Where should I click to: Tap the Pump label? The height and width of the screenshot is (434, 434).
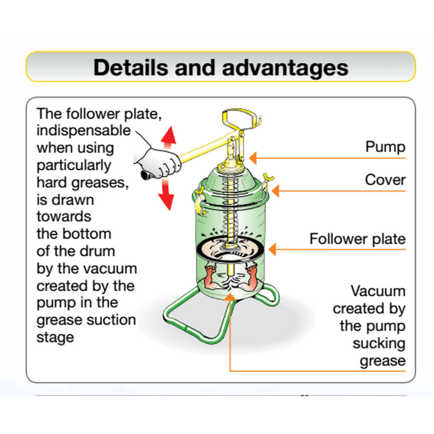pos(385,147)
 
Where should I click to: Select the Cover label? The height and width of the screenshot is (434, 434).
pos(385,180)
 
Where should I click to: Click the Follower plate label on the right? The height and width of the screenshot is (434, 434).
pos(357,239)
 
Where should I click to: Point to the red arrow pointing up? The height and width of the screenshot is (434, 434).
pos(169,136)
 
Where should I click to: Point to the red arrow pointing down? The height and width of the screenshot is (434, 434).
pos(166,196)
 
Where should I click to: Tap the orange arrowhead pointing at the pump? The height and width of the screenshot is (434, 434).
pos(253,159)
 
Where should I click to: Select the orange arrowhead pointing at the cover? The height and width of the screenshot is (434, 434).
pos(275,191)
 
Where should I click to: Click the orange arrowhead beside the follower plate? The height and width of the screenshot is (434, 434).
pos(273,249)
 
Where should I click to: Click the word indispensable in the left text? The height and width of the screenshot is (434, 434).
pos(83,130)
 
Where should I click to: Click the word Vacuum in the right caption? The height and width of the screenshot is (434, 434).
pos(378,291)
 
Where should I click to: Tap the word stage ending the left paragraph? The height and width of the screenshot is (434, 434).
pos(55,338)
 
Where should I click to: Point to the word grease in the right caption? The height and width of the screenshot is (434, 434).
pos(382,361)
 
